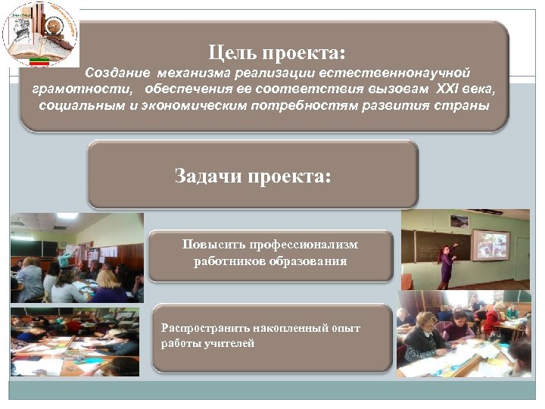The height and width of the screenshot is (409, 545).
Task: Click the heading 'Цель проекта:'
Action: (277, 52)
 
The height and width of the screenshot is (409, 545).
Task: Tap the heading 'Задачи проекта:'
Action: (253, 176)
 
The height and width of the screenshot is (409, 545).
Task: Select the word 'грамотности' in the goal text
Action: (68, 89)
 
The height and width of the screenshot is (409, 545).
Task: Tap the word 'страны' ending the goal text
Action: (464, 105)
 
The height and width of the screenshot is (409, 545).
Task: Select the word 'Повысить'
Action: (208, 245)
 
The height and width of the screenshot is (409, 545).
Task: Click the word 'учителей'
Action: (234, 343)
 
